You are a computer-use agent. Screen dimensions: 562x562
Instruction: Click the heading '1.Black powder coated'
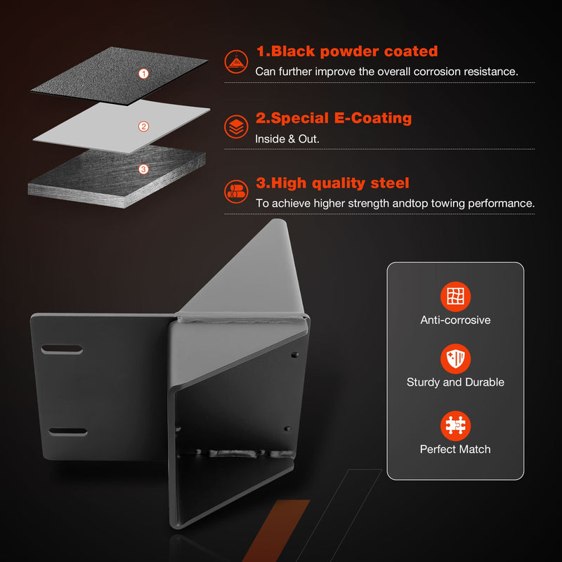point(347,51)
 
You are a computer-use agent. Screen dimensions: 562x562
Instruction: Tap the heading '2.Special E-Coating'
point(334,118)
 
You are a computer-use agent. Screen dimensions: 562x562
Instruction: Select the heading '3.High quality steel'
point(332,183)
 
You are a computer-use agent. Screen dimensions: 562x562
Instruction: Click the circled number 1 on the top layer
point(143,74)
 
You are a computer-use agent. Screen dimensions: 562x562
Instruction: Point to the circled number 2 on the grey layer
point(143,126)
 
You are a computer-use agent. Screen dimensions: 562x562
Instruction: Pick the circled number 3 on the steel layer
point(143,169)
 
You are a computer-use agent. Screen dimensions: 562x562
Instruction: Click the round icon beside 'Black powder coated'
point(236,62)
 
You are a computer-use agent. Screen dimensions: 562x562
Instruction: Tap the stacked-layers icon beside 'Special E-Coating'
point(236,126)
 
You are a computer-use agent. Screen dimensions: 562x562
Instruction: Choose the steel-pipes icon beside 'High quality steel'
point(236,191)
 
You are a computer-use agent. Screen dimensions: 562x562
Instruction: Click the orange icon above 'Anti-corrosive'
point(455,296)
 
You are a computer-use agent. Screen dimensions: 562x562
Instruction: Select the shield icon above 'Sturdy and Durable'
point(455,359)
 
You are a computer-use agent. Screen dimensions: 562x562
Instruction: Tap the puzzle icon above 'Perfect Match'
point(455,426)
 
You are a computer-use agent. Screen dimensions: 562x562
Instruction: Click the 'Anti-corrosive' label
point(455,320)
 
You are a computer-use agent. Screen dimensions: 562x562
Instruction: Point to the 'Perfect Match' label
point(455,449)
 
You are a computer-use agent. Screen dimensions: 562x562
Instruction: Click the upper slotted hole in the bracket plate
point(62,349)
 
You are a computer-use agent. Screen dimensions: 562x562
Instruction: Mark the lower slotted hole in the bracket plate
point(67,431)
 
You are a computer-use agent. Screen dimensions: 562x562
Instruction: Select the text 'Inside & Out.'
point(287,138)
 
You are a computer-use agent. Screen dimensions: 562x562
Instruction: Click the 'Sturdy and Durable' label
point(455,382)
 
